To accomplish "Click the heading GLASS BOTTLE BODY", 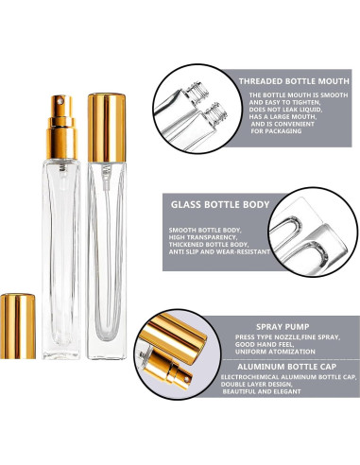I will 219,201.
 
